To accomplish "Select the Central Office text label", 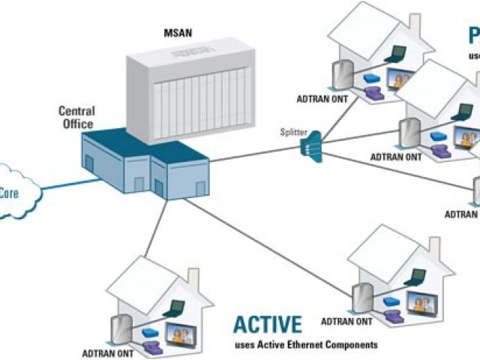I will (x=76, y=118).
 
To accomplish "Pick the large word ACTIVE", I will (x=268, y=324).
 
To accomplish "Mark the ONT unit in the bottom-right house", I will (x=363, y=296).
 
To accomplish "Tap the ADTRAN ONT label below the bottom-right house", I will (x=346, y=321).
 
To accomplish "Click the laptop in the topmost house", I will (x=397, y=53).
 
